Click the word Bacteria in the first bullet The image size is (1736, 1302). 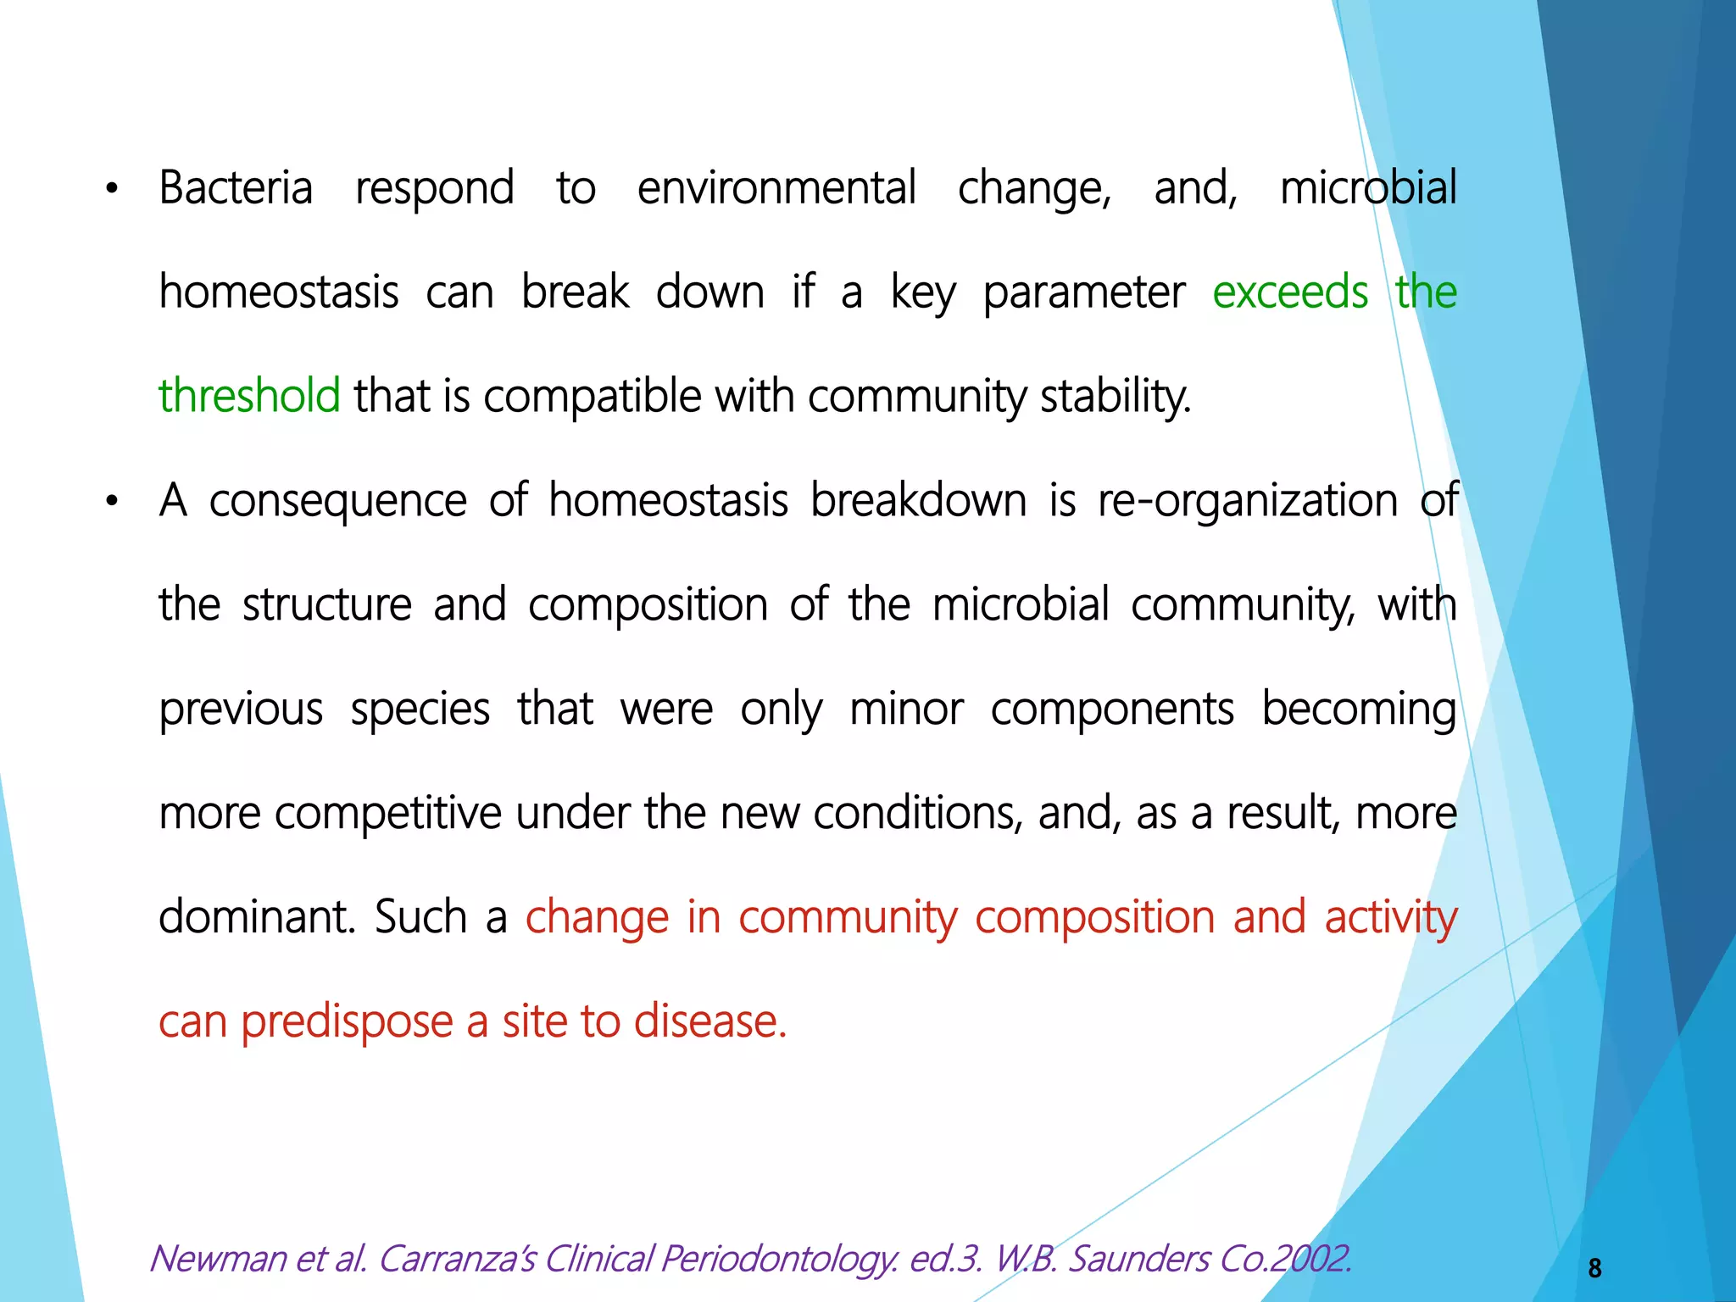[x=236, y=188]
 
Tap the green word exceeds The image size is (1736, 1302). [x=1289, y=293]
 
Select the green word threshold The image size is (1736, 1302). [x=249, y=397]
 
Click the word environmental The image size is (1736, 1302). [x=776, y=188]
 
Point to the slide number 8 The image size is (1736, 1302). [x=1594, y=1268]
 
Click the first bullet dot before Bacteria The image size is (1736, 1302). [x=111, y=190]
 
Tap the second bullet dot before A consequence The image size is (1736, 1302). [x=111, y=503]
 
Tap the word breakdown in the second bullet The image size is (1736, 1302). [x=919, y=501]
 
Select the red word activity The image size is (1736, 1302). [x=1390, y=918]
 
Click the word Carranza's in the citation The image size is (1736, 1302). [x=457, y=1259]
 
